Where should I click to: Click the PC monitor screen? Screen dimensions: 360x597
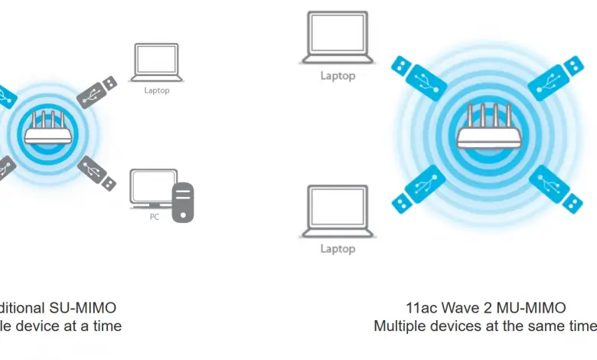click(151, 187)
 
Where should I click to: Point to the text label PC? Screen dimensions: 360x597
click(155, 217)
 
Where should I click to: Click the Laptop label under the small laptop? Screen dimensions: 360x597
click(156, 90)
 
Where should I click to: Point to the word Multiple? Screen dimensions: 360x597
click(403, 326)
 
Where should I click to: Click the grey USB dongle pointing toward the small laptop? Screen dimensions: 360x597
click(98, 89)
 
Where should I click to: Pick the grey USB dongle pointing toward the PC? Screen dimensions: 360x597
click(96, 172)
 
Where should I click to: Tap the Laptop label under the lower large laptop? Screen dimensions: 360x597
click(338, 248)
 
